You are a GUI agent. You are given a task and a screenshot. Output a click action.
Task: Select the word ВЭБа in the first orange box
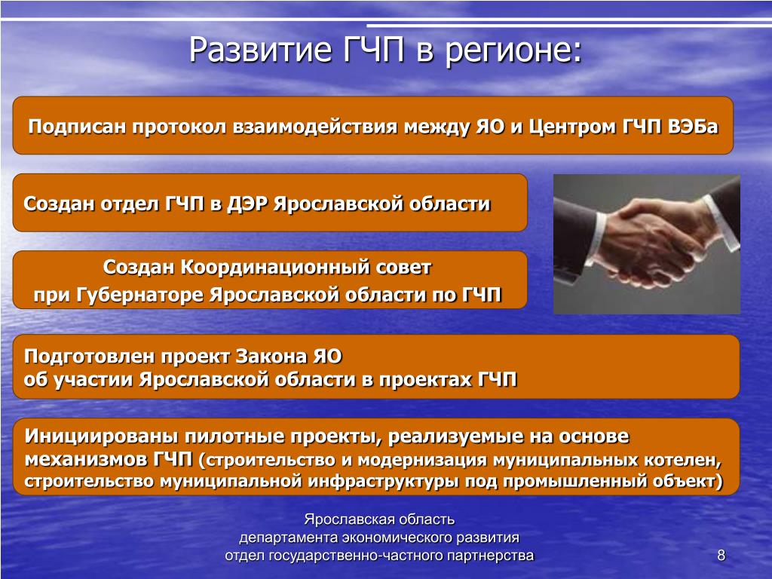694,127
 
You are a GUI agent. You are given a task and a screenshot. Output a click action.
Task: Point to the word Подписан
78,127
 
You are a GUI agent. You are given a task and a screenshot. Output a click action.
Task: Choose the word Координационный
275,268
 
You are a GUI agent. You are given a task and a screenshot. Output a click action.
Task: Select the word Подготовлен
89,356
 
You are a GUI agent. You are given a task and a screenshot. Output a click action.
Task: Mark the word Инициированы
101,437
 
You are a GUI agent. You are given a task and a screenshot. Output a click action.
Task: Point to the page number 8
721,556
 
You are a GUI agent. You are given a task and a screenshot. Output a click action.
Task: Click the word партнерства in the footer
491,556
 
